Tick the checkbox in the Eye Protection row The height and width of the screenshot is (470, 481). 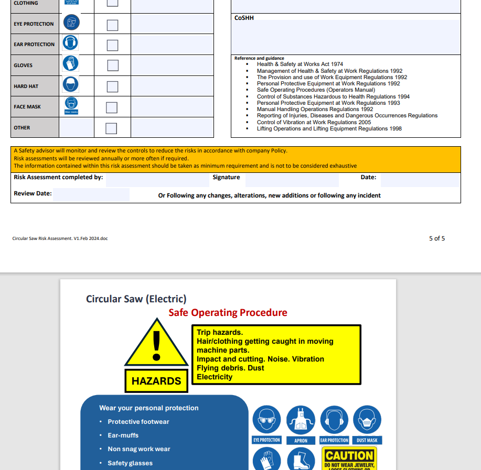click(x=112, y=25)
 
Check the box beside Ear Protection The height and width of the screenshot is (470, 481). click(x=112, y=46)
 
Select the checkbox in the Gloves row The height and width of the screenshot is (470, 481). click(x=112, y=65)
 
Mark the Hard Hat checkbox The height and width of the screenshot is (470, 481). click(x=112, y=86)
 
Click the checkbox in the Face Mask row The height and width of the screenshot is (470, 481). click(x=112, y=107)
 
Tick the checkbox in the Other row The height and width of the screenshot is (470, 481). click(x=111, y=128)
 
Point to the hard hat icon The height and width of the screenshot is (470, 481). click(x=71, y=84)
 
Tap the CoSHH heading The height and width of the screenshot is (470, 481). click(x=244, y=18)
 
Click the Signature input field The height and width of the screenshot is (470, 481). click(x=292, y=180)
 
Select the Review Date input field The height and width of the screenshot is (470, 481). click(x=91, y=195)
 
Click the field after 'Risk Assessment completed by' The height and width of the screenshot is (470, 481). click(x=157, y=180)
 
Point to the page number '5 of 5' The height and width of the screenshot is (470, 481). click(x=437, y=238)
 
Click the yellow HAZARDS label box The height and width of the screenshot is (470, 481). click(x=156, y=381)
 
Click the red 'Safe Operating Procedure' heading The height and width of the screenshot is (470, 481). click(x=228, y=313)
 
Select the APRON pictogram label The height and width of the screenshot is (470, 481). click(x=301, y=441)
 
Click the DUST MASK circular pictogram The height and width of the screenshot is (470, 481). click(x=367, y=420)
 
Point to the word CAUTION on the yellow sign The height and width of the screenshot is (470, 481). click(x=349, y=455)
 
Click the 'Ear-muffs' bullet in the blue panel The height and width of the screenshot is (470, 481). click(x=123, y=435)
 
